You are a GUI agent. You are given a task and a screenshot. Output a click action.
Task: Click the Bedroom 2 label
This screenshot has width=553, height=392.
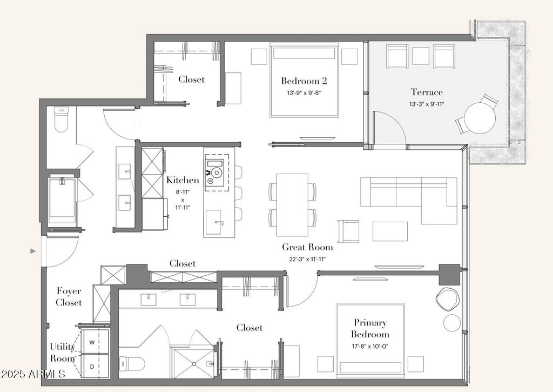coord(304,81)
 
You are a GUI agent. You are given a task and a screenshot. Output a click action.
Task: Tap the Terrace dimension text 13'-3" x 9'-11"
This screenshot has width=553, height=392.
coord(427,104)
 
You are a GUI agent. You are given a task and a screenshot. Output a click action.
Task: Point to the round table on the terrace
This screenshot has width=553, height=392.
coord(480,118)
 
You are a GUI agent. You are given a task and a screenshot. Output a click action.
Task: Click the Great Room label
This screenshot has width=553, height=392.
coord(307,247)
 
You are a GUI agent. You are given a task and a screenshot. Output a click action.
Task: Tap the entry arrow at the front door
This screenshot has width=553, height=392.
coord(33,251)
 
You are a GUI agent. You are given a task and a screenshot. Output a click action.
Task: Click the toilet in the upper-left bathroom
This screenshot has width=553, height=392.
coord(61,119)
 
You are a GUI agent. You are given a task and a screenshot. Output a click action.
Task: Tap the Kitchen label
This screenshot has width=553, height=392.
coord(183,180)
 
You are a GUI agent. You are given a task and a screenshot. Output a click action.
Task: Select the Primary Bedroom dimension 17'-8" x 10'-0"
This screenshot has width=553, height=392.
coord(370,347)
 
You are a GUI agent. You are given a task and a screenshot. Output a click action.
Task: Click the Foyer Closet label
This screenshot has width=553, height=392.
coord(69,297)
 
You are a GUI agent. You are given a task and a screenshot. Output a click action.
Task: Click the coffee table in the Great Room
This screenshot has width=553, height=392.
coord(390,231)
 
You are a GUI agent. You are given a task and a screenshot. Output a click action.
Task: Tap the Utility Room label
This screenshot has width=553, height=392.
coord(62,353)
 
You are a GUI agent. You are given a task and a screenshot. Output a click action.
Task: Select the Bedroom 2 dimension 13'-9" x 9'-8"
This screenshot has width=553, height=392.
coord(304,93)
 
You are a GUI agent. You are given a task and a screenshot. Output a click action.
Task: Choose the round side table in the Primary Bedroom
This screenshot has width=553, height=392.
coord(452,322)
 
